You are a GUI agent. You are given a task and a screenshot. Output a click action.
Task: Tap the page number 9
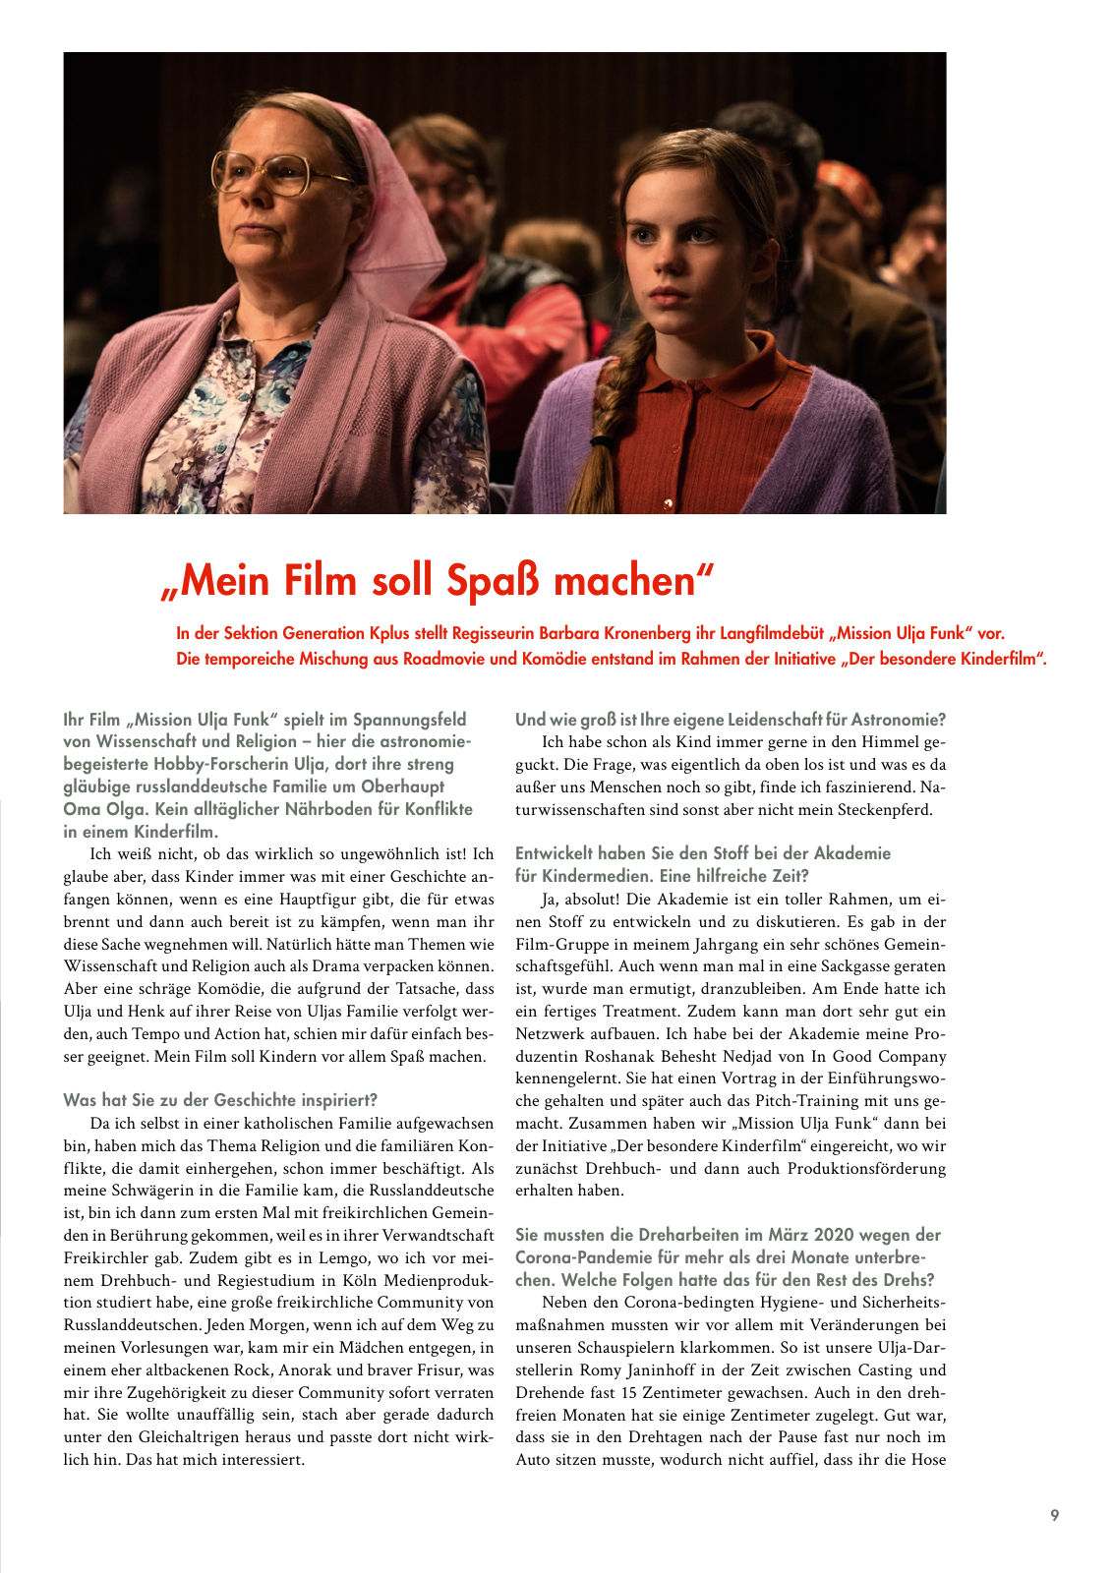1054,1515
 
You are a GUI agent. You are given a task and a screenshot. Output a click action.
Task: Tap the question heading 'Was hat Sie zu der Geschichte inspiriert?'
220,1100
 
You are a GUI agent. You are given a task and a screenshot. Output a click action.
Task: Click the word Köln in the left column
353,1280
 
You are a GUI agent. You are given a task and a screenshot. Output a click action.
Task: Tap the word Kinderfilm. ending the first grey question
174,832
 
